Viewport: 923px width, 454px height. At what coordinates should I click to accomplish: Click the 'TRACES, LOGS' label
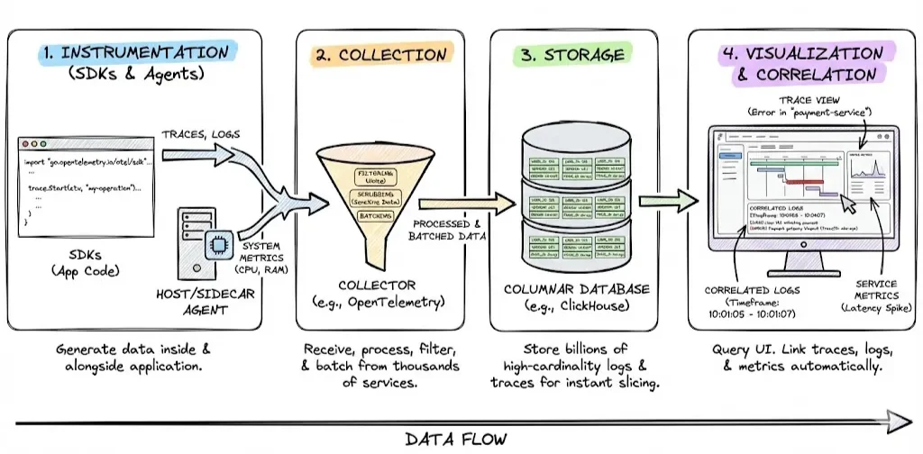pyautogui.click(x=200, y=134)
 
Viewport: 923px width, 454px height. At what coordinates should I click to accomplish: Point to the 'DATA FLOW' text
pyautogui.click(x=455, y=439)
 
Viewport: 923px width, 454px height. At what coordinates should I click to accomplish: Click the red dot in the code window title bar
pyautogui.click(x=28, y=143)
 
